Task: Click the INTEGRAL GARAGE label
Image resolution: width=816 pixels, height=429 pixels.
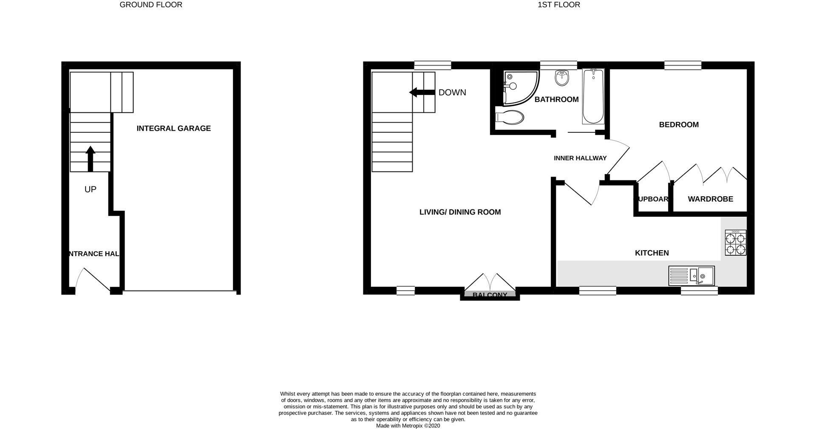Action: coord(173,129)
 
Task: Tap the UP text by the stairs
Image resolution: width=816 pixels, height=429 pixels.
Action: coord(90,189)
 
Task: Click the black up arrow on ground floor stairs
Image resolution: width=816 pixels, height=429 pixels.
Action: coord(90,158)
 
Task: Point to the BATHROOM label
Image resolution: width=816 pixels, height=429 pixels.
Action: coord(556,100)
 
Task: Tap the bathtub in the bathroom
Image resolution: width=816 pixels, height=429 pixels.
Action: coord(593,97)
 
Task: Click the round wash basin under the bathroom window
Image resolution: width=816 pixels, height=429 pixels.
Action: coord(562,78)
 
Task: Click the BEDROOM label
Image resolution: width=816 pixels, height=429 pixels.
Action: coord(679,125)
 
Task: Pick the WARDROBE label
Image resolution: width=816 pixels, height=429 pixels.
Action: coord(710,199)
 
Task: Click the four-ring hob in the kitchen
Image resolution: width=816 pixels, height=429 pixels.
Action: coord(736,243)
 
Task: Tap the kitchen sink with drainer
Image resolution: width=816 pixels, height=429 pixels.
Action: coord(691,276)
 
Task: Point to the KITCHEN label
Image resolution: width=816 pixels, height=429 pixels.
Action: coord(652,253)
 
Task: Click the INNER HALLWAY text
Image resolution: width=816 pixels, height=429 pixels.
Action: coord(580,158)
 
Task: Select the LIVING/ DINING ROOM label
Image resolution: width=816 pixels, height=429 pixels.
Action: coord(460,212)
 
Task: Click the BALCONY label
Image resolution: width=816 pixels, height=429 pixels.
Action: coord(490,295)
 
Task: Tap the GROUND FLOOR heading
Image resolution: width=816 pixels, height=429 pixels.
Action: coord(151,5)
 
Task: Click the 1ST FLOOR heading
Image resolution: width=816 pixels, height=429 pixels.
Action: coord(559,5)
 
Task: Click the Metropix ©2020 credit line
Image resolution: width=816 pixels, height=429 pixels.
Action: coord(408,426)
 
